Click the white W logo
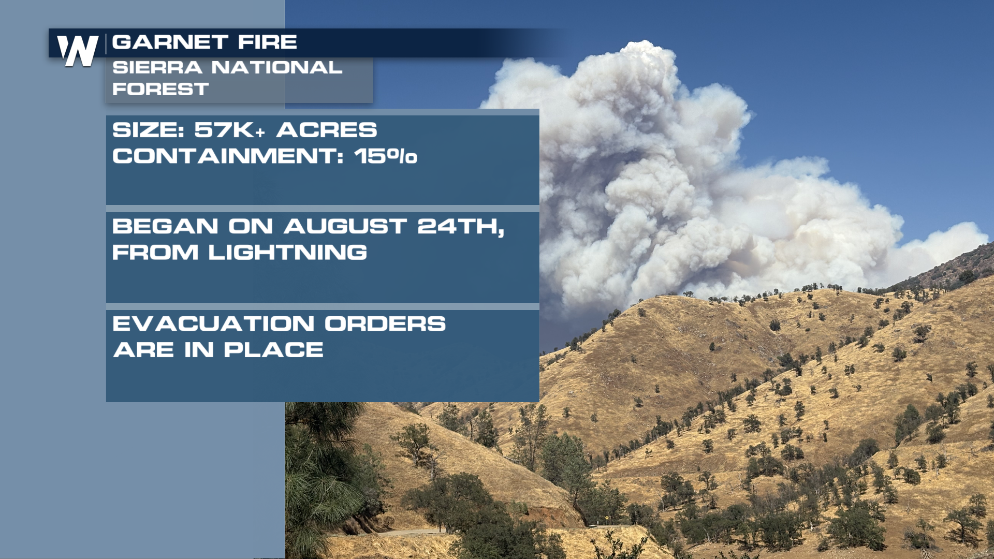[x=78, y=51]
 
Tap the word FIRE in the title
[x=268, y=42]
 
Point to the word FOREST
[x=160, y=89]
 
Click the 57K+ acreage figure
[x=230, y=130]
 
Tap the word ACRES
[x=327, y=130]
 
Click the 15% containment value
[x=386, y=156]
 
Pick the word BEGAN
[x=165, y=226]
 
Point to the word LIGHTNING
[x=288, y=253]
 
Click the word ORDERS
[x=385, y=324]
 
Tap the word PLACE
[x=274, y=350]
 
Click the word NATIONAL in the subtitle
[x=277, y=67]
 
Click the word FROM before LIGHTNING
[x=155, y=253]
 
